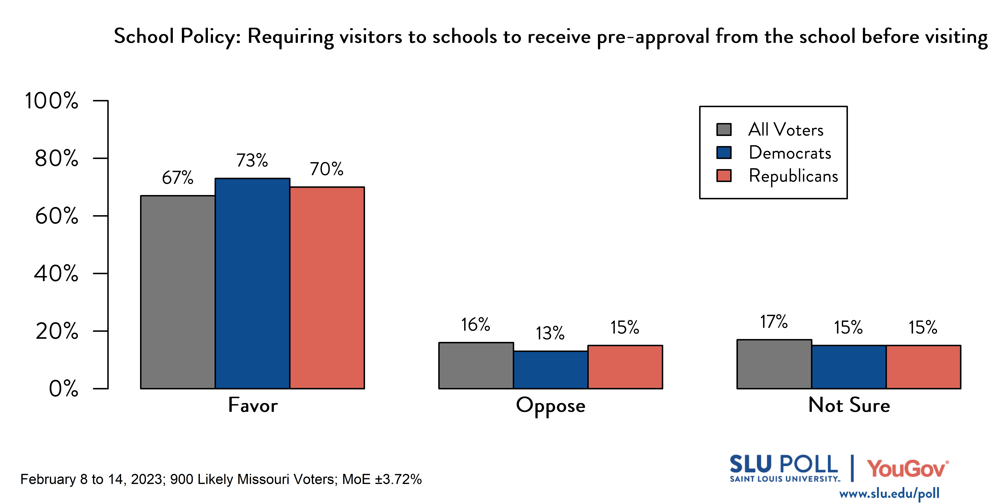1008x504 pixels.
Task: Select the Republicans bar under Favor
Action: pyautogui.click(x=327, y=288)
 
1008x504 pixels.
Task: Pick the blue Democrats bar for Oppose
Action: pyautogui.click(x=551, y=370)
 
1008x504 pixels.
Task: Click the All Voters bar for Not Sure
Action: pyautogui.click(x=774, y=364)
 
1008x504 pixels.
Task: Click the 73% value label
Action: pyautogui.click(x=252, y=160)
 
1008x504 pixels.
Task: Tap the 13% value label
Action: pyautogui.click(x=550, y=333)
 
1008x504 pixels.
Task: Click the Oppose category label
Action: pyautogui.click(x=551, y=406)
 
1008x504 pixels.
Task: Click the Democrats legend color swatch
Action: pyautogui.click(x=724, y=153)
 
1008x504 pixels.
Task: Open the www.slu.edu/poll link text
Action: pyautogui.click(x=889, y=494)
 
